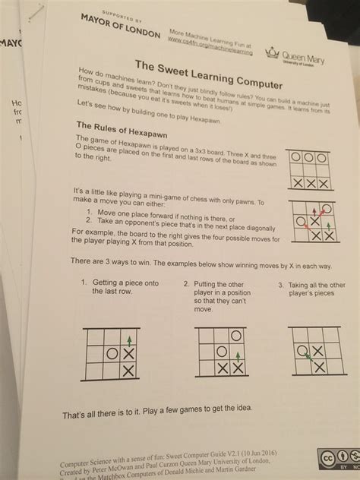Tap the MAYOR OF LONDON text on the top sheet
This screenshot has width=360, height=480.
tap(121, 25)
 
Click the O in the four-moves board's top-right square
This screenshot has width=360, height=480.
tap(327, 207)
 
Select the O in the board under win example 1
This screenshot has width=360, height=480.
tap(112, 352)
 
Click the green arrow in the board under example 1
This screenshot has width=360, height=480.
tap(129, 340)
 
